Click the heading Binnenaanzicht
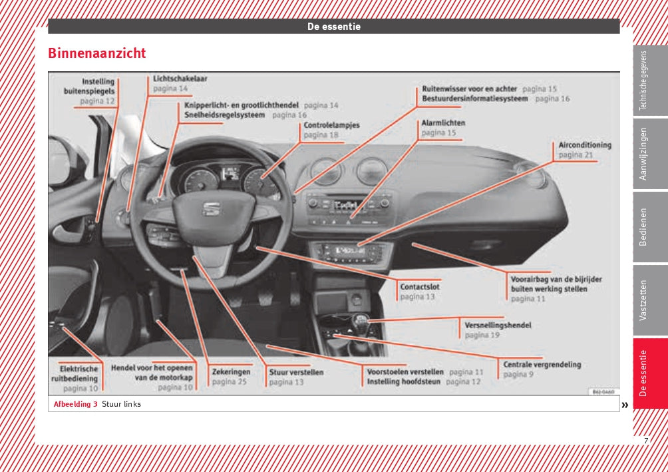coord(97,53)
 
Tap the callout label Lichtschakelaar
coord(180,78)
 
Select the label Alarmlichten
coord(443,123)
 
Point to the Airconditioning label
coord(585,144)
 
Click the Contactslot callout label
coord(419,287)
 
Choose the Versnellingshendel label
coord(498,326)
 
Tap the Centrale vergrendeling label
coord(542,364)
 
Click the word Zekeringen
coord(232,372)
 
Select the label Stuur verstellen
coord(296,372)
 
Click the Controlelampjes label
coord(331,125)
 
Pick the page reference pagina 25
coord(229,382)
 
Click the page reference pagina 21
coord(576,155)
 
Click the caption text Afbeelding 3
coord(75,404)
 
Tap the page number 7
coord(645,441)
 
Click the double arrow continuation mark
coord(625,404)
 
